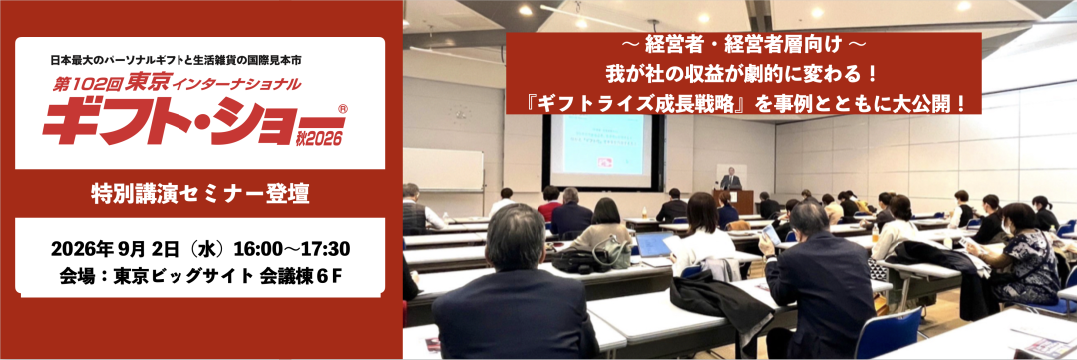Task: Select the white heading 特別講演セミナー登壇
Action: point(199,193)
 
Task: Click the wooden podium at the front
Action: point(741,201)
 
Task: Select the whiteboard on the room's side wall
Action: point(443,169)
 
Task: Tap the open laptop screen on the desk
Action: point(653,244)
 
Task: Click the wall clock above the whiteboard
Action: point(459,112)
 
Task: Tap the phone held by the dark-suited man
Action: point(771,234)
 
